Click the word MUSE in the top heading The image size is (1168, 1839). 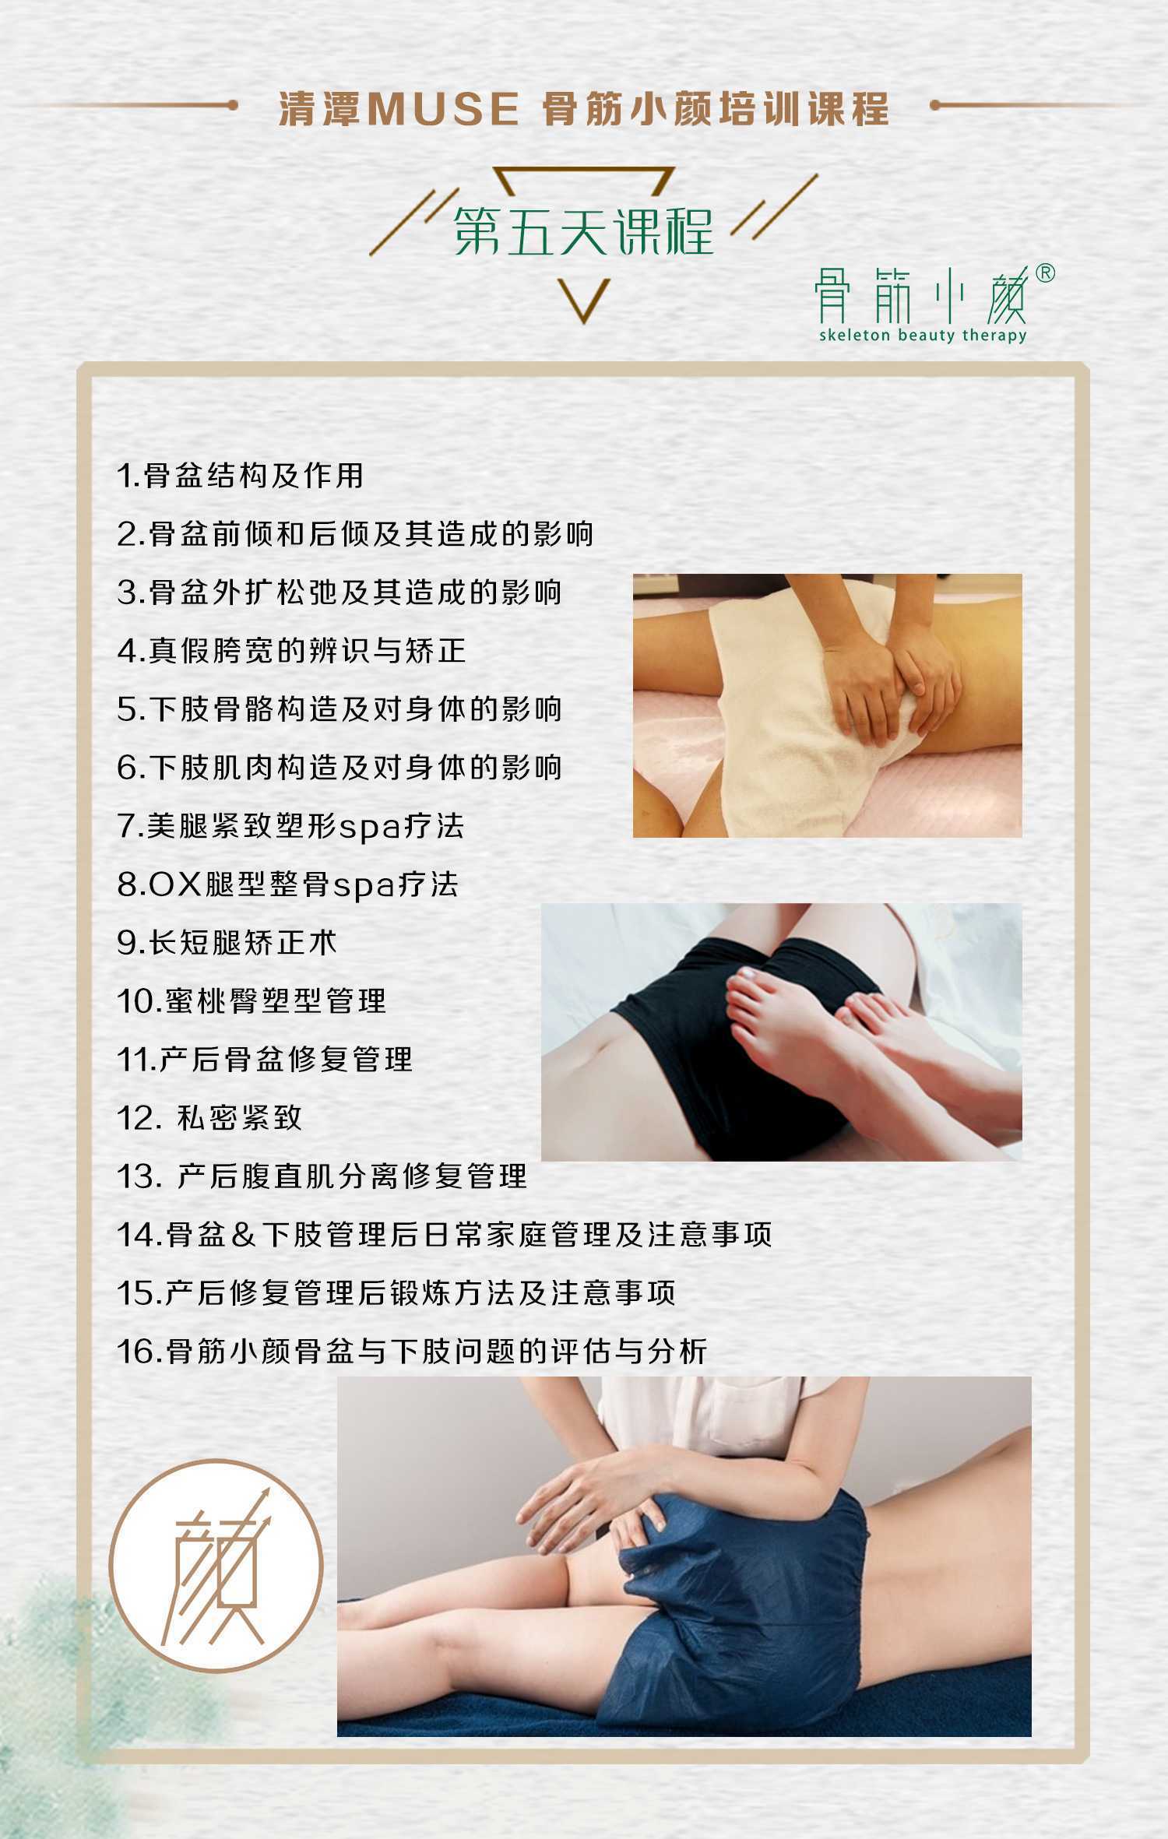point(442,109)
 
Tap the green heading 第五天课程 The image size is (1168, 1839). point(583,231)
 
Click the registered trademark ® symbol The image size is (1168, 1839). point(1046,273)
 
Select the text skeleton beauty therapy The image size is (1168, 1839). point(922,336)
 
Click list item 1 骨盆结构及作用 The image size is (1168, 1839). point(240,476)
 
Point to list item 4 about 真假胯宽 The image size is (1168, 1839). point(291,651)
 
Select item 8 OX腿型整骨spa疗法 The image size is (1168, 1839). point(287,885)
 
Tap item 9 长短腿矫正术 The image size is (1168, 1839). point(227,943)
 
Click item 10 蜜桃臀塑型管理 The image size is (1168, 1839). point(251,1001)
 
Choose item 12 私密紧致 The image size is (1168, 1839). point(209,1118)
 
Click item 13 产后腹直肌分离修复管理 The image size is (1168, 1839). point(322,1176)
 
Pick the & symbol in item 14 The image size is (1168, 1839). point(243,1235)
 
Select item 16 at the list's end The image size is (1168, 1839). point(411,1352)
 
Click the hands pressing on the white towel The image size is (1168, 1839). point(888,685)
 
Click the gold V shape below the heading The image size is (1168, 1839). point(584,300)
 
